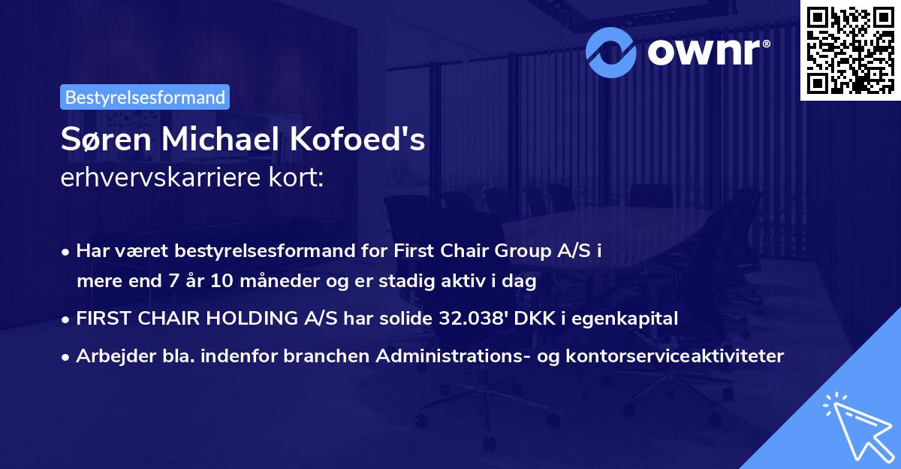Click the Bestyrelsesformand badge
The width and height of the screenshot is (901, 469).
(x=144, y=97)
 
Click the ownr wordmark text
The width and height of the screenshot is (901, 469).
(x=707, y=51)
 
